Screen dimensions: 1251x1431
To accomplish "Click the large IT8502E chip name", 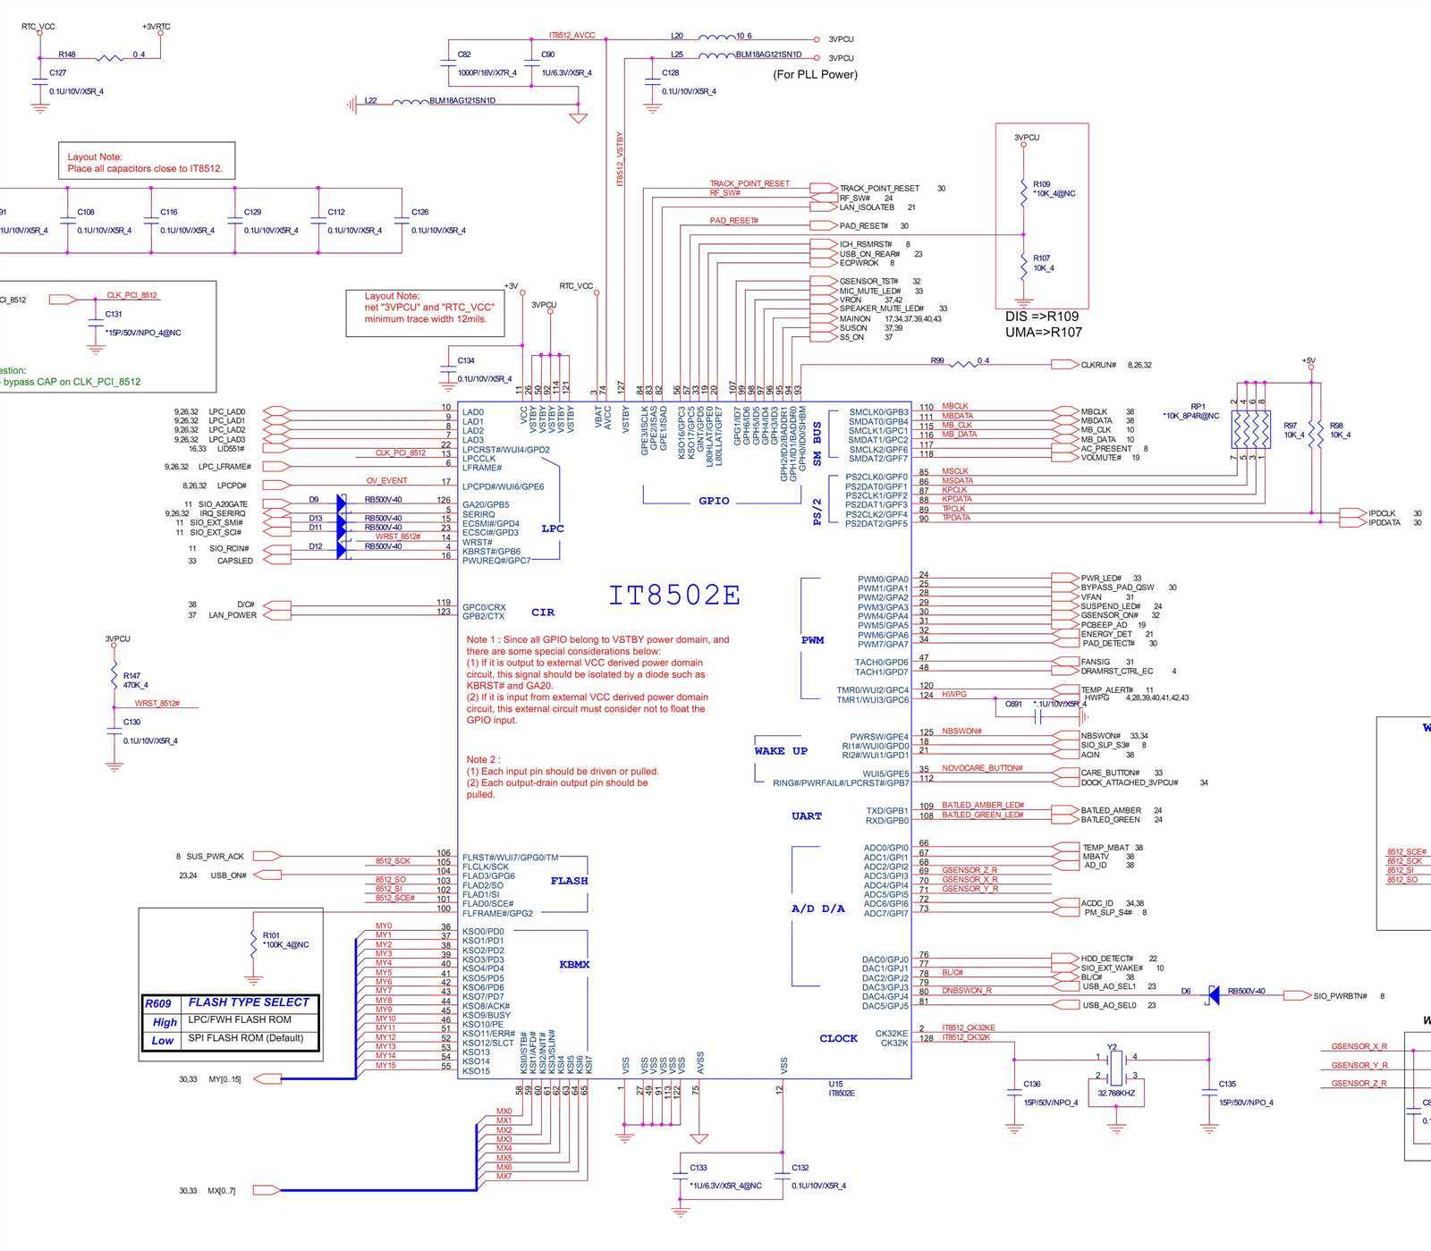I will [674, 596].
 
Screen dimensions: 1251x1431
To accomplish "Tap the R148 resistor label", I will [67, 55].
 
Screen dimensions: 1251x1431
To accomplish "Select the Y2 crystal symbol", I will [1115, 1066].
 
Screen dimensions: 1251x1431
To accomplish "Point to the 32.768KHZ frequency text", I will [1115, 1093].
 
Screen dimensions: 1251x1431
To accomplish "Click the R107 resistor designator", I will [1041, 258].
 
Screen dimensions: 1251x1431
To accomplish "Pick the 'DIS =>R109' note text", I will [1041, 317].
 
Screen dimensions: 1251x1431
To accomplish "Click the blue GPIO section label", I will [714, 501].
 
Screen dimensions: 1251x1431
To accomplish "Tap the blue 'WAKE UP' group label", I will [781, 751].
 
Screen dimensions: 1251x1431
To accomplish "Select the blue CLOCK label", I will [838, 1038].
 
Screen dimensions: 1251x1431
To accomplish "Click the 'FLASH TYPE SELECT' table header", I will [248, 1002].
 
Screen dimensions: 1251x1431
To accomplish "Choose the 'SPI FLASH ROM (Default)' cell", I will [245, 1038].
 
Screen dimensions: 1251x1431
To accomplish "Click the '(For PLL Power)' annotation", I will [815, 74].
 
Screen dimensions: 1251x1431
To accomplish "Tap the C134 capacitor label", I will [466, 360].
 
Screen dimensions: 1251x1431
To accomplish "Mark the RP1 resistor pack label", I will [1198, 406].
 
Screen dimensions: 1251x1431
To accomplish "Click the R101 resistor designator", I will [271, 935].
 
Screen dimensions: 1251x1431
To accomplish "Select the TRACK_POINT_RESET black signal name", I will [879, 189].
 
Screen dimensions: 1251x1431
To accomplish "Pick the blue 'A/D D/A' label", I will [817, 909].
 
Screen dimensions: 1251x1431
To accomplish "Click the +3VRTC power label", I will [157, 27].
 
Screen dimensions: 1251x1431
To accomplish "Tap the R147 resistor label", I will [131, 676].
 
